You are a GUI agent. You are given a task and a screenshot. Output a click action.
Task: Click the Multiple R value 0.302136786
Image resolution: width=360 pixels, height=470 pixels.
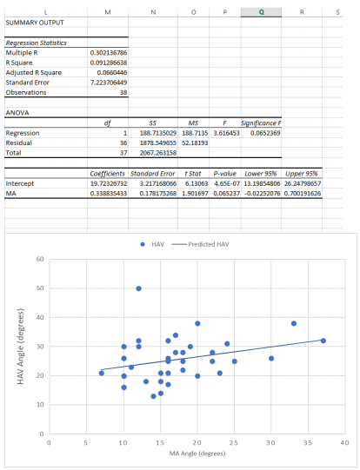pyautogui.click(x=109, y=53)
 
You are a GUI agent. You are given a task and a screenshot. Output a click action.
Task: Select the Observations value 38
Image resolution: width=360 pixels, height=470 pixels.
pyautogui.click(x=123, y=92)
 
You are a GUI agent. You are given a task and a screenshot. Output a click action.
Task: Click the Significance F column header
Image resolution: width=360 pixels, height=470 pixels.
pyautogui.click(x=261, y=122)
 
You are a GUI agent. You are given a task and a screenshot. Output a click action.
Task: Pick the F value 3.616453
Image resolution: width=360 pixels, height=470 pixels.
pyautogui.click(x=226, y=133)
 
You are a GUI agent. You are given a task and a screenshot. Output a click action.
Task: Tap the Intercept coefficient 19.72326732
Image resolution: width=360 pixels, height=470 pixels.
pyautogui.click(x=109, y=183)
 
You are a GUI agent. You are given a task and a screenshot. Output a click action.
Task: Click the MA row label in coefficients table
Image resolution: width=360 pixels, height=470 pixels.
pyautogui.click(x=10, y=194)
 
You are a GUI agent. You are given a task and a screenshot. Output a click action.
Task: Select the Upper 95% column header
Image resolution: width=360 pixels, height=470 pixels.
pyautogui.click(x=302, y=174)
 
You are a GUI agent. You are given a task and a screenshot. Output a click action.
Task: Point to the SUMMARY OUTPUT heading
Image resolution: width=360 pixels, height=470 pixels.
pyautogui.click(x=35, y=23)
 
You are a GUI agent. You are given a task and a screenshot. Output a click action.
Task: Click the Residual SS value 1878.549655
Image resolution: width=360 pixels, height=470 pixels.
pyautogui.click(x=158, y=143)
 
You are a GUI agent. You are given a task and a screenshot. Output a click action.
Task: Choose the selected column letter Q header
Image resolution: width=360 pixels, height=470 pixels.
pyautogui.click(x=261, y=12)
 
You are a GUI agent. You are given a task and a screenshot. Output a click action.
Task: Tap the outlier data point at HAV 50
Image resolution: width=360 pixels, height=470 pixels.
pyautogui.click(x=138, y=288)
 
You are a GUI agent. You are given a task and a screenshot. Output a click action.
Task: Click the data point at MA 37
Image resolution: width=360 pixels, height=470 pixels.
pyautogui.click(x=323, y=341)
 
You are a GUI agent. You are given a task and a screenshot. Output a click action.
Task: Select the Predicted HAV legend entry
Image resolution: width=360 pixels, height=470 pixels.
pyautogui.click(x=200, y=244)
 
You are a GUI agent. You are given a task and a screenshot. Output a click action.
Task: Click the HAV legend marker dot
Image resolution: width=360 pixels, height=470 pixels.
pyautogui.click(x=143, y=244)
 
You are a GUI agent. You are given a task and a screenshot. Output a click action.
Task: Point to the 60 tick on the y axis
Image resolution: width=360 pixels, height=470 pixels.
pyautogui.click(x=40, y=259)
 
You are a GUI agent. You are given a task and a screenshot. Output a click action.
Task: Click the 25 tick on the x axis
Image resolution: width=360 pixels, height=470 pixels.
pyautogui.click(x=234, y=442)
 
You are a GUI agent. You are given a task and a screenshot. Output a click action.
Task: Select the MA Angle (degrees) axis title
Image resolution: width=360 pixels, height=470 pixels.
pyautogui.click(x=197, y=453)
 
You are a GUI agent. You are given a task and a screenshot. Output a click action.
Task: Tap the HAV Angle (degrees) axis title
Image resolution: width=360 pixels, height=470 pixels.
pyautogui.click(x=20, y=347)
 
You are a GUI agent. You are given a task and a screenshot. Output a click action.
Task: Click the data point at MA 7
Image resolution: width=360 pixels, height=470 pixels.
pyautogui.click(x=102, y=373)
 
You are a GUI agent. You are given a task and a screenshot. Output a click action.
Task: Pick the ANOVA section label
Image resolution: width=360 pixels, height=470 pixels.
pyautogui.click(x=17, y=113)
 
